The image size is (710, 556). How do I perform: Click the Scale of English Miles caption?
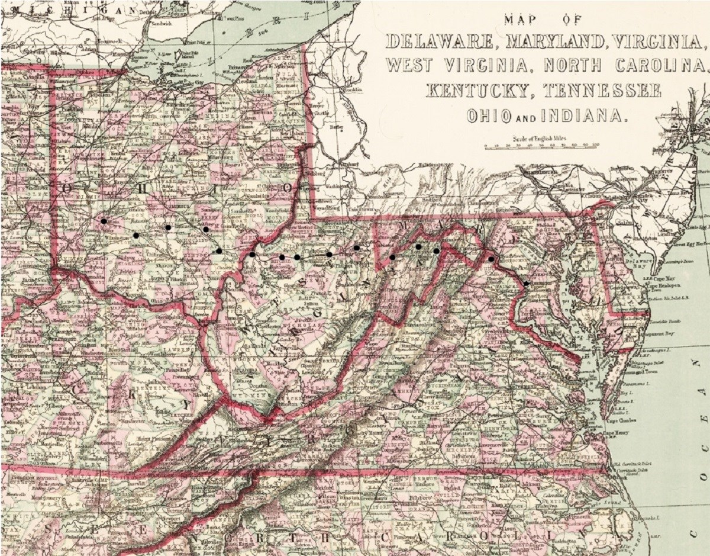[x=541, y=137]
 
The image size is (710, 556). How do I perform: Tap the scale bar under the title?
[x=541, y=145]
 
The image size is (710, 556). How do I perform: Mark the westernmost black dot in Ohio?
[x=104, y=221]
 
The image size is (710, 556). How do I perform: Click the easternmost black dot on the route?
[x=526, y=284]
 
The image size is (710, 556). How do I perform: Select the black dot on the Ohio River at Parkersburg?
[x=252, y=255]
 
